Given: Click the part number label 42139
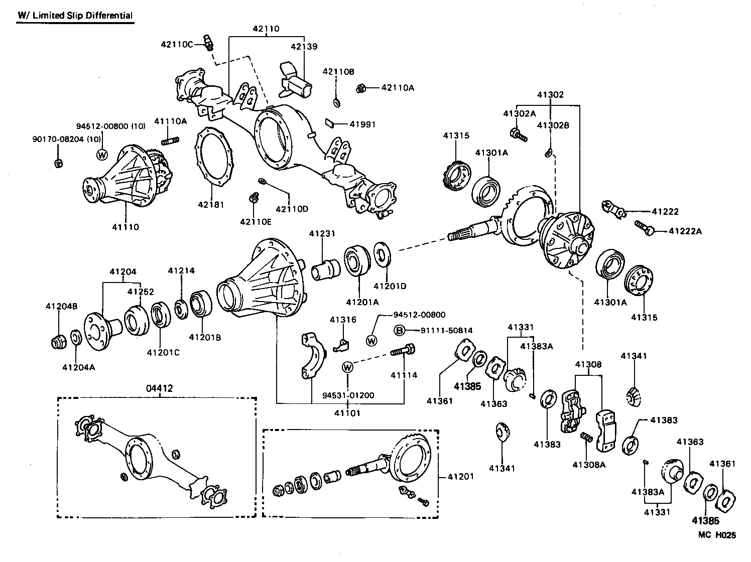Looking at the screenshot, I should (304, 47).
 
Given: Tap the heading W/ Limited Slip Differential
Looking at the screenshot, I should (75, 16).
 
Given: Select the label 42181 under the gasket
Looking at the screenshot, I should (210, 205).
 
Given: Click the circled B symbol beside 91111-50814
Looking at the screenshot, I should (399, 330).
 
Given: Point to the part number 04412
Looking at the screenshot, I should (159, 388).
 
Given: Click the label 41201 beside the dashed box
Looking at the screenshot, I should (460, 476).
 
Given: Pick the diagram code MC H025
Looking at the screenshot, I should (717, 535).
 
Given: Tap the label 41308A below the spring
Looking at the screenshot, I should (589, 465).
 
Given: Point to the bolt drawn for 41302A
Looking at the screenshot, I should (518, 134).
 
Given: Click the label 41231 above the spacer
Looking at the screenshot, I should (322, 234).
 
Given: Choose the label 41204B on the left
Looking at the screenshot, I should (61, 306).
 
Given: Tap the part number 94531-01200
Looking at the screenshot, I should (348, 395).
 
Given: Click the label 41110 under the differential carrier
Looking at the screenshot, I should (126, 227).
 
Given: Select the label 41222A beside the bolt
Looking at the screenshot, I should (685, 231).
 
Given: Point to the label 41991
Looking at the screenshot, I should (362, 124).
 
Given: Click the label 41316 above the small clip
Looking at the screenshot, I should (343, 320).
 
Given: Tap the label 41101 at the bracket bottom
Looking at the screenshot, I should (347, 413).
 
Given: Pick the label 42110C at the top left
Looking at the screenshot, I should (177, 44).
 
